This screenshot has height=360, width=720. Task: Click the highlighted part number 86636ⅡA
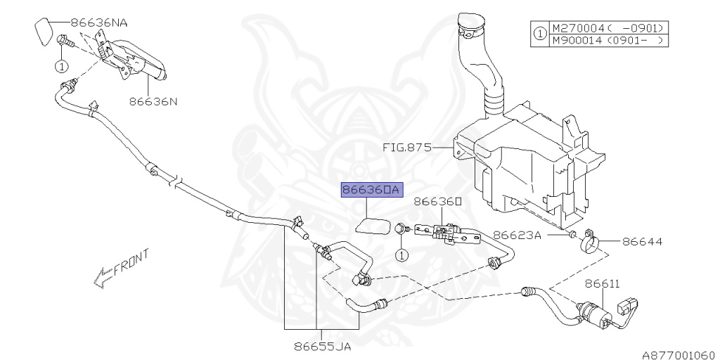pyautogui.click(x=371, y=190)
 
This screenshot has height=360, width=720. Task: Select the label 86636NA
pyautogui.click(x=98, y=22)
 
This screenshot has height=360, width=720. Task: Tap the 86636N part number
pyautogui.click(x=153, y=101)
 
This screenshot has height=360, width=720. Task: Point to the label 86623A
pyautogui.click(x=516, y=235)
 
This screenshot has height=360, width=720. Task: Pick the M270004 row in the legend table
pyautogui.click(x=608, y=29)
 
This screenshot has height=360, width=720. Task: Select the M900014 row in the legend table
pyautogui.click(x=608, y=41)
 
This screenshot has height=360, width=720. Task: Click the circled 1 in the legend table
pyautogui.click(x=539, y=34)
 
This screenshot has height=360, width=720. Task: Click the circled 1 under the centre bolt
pyautogui.click(x=401, y=255)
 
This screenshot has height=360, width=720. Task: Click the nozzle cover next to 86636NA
pyautogui.click(x=43, y=31)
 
